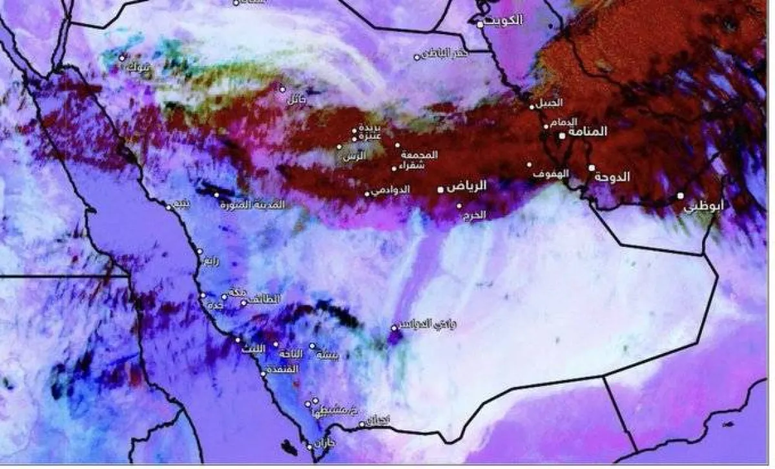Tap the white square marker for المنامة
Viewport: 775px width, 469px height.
562,135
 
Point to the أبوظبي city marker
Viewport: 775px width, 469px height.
680,195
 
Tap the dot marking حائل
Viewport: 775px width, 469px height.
282,89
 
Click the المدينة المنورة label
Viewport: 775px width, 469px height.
253,205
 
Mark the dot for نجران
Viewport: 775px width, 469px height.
362,424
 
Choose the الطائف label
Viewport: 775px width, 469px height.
263,299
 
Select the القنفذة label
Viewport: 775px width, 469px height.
285,370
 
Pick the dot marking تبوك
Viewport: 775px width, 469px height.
121,57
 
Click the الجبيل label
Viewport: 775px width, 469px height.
550,103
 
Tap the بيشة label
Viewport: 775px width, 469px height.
327,354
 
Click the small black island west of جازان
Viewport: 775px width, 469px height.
287,446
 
